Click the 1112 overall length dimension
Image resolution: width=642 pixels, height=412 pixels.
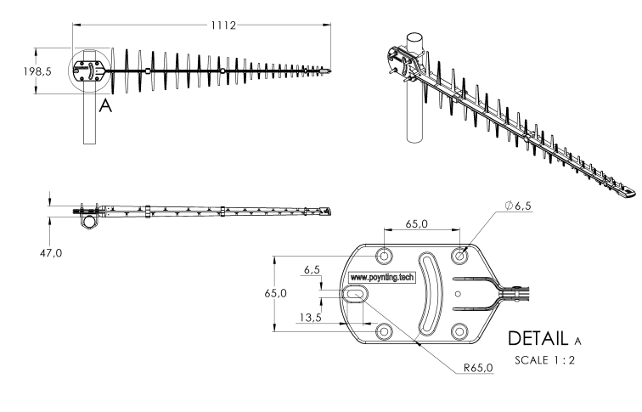(223, 25)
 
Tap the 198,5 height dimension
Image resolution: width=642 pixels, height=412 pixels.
(37, 71)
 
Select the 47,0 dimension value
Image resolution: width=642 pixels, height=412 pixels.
(51, 253)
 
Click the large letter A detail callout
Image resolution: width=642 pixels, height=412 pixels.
(105, 105)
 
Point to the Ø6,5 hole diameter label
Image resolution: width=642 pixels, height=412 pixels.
(518, 206)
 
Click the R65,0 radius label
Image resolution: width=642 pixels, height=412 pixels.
(478, 368)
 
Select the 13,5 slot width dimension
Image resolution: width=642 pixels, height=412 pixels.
(310, 318)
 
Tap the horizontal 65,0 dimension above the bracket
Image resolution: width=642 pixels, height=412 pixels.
(417, 224)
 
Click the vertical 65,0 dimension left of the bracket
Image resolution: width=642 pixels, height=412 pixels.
(275, 293)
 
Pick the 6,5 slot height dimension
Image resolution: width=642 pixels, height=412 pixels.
(312, 270)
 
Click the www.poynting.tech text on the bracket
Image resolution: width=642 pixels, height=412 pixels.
(382, 278)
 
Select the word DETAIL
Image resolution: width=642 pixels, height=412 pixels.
(538, 339)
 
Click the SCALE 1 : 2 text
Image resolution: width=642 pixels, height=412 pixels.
(544, 360)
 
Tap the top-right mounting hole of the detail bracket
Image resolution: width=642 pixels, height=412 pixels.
(459, 257)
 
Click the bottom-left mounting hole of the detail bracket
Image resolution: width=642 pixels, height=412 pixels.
(384, 331)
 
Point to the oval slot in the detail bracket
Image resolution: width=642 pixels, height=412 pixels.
(356, 294)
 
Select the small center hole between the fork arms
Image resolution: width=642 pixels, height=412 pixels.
(459, 294)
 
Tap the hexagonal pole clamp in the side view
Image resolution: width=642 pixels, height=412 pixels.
(89, 221)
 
